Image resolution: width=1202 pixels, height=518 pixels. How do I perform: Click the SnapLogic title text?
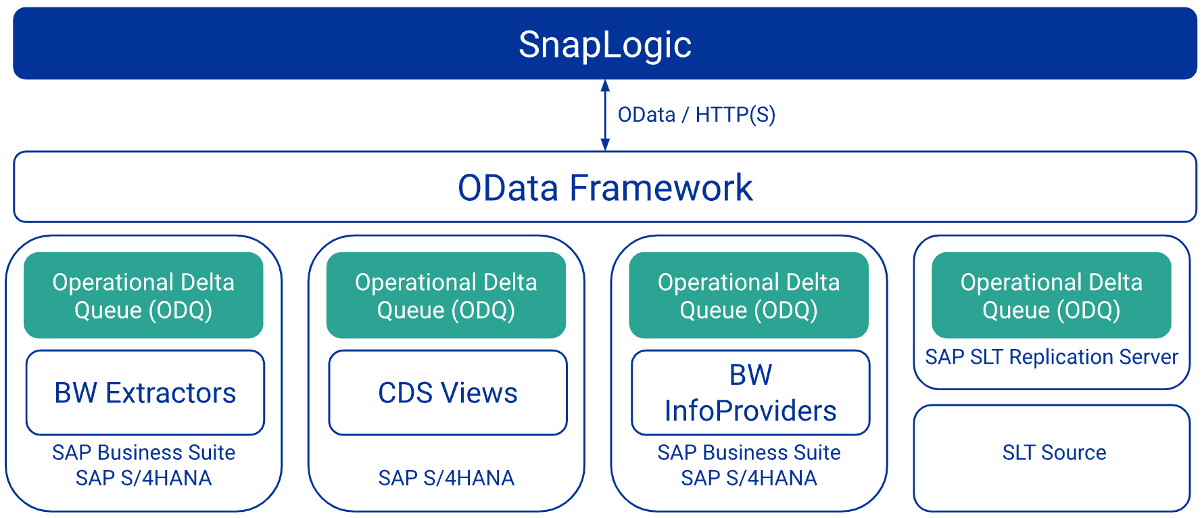tap(605, 45)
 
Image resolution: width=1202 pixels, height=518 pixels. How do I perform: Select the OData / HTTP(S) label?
tap(696, 115)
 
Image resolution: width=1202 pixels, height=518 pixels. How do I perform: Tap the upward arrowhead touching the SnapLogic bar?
tap(605, 86)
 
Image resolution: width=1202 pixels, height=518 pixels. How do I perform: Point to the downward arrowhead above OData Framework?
tap(605, 144)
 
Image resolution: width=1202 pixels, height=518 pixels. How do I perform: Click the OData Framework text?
tap(605, 188)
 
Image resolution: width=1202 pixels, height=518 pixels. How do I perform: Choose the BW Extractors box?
tap(145, 392)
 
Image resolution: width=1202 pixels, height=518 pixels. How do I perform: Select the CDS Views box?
tap(448, 392)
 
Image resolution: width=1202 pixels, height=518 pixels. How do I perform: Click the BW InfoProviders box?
tap(750, 392)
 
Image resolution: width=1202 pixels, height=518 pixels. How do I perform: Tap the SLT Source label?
tap(1054, 452)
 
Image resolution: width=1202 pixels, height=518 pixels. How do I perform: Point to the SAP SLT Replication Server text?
tap(1051, 357)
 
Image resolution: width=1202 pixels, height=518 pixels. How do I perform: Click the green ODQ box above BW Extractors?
tap(143, 295)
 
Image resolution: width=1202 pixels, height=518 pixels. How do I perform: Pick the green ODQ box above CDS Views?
tap(446, 295)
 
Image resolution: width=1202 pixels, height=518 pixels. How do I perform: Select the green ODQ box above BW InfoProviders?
tap(749, 295)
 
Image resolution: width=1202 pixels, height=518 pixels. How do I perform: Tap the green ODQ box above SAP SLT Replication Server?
tap(1051, 295)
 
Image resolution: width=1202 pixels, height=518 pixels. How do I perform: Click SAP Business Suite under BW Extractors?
tap(144, 452)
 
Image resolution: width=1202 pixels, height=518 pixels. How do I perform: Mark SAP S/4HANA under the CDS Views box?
tap(446, 478)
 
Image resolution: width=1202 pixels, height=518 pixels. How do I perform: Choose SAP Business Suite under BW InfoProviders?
tap(749, 452)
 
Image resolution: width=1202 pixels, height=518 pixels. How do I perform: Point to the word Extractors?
tap(171, 393)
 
